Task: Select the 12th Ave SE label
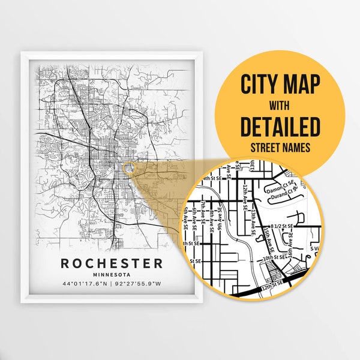click(x=245, y=196)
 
